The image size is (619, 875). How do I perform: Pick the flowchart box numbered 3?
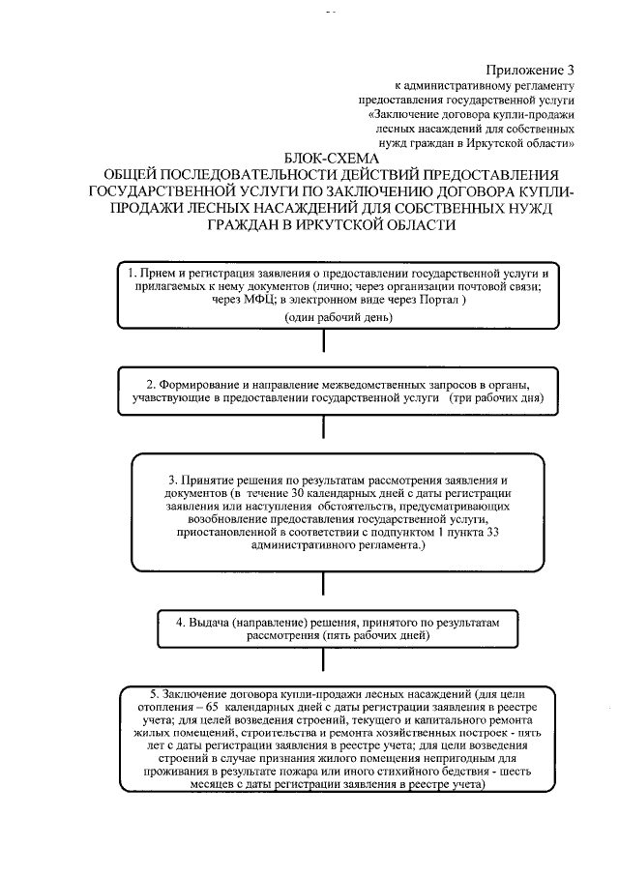tap(323, 512)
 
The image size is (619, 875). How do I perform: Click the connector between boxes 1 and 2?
tap(323, 342)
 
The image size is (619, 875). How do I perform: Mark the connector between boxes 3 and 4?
tap(323, 591)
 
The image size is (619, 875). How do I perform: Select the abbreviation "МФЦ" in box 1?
tap(226, 301)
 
